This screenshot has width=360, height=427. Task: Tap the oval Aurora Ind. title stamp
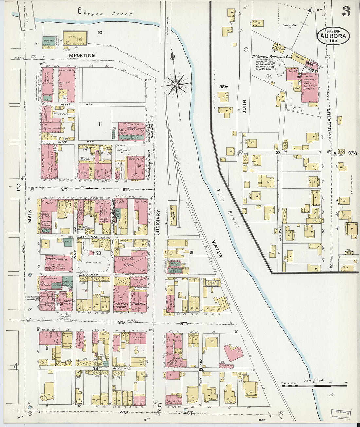[x=333, y=36]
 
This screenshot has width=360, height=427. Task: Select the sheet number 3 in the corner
[x=346, y=11]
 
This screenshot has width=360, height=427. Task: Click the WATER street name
[x=216, y=249]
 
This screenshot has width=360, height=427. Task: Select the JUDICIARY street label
[x=158, y=223]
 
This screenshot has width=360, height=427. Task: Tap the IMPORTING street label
[x=81, y=56]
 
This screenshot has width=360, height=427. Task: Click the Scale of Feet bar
[x=314, y=385]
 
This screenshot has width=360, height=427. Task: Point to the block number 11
[x=100, y=124]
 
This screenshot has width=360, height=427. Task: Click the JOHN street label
[x=244, y=106]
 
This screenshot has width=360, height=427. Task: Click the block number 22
[x=201, y=369]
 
